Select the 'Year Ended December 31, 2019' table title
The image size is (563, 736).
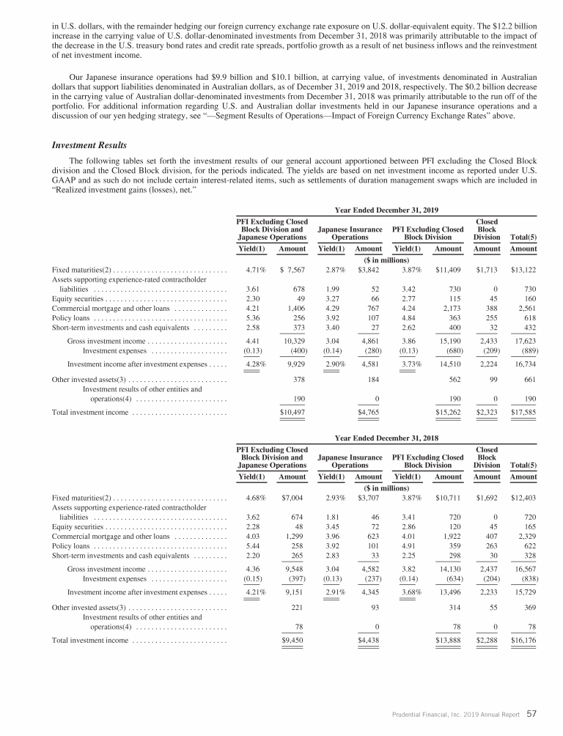click(386, 210)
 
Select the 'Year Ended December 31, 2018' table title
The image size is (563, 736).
click(386, 437)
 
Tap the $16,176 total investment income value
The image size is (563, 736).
click(523, 639)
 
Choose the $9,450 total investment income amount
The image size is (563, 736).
click(292, 639)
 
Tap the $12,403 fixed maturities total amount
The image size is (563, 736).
click(523, 497)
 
